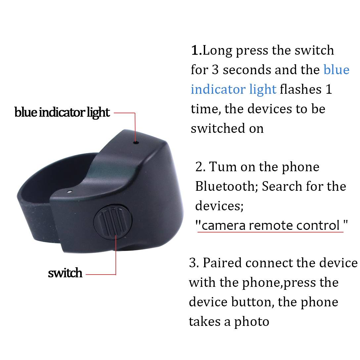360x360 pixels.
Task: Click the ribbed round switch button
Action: click(x=113, y=222)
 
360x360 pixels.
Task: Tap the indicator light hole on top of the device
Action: click(x=136, y=143)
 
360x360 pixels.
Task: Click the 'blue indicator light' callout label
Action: click(x=62, y=113)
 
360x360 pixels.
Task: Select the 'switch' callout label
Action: click(x=65, y=273)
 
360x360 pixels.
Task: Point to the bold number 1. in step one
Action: click(x=196, y=50)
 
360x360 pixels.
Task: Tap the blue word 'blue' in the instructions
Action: click(x=337, y=70)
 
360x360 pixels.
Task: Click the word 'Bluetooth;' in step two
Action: click(x=227, y=186)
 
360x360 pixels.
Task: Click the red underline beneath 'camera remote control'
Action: click(x=270, y=232)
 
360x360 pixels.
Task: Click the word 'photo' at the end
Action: click(x=251, y=322)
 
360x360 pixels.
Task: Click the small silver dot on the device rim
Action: click(x=70, y=191)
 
